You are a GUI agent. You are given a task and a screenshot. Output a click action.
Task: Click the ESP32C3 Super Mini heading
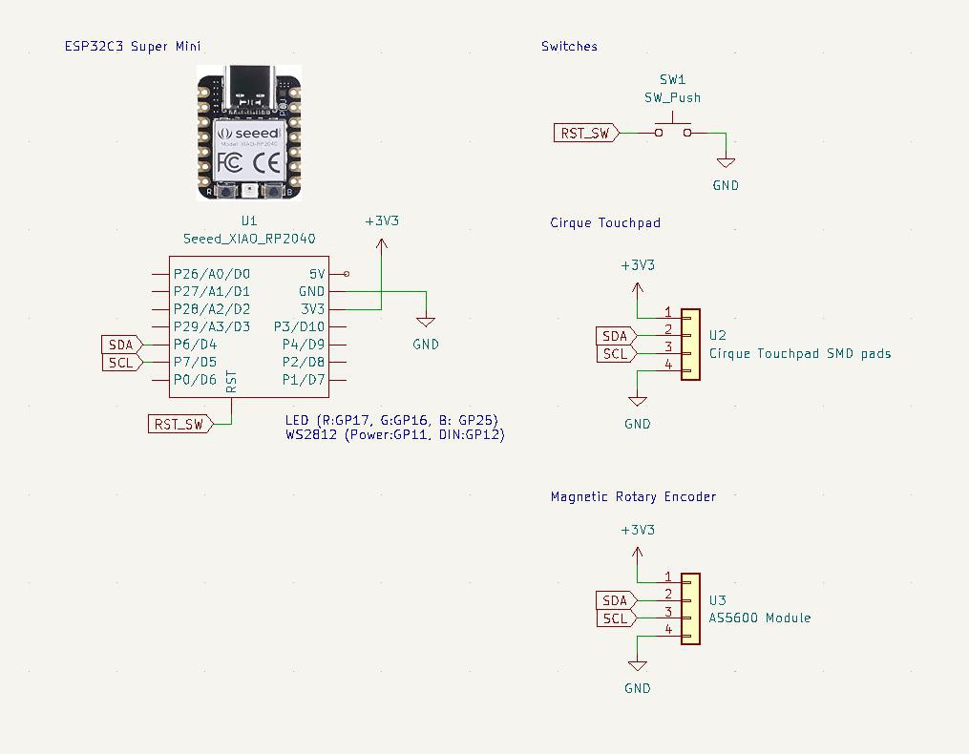pos(133,46)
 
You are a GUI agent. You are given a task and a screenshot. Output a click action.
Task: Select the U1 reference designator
pos(249,220)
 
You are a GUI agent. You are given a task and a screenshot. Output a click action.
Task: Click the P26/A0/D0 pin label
pos(211,274)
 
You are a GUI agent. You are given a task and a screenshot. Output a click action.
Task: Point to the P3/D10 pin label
pos(299,326)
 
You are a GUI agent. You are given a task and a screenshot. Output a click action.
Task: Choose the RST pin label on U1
pos(231,383)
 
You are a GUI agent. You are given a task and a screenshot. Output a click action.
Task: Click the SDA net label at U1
pos(121,345)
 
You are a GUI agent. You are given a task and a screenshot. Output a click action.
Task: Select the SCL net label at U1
pos(121,362)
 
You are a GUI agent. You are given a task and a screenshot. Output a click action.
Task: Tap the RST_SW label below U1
pos(179,424)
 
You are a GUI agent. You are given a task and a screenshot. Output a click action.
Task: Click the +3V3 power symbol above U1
pos(382,221)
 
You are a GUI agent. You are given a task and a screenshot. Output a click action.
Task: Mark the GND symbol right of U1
pos(426,325)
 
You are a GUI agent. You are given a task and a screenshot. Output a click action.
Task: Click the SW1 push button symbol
pos(673,129)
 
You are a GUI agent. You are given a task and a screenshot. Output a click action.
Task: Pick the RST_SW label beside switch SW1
pos(585,133)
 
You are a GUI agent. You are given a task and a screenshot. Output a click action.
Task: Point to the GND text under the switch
pos(726,185)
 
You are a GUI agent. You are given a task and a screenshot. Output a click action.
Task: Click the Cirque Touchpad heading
pos(605,222)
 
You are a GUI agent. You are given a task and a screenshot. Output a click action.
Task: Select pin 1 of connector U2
pos(669,313)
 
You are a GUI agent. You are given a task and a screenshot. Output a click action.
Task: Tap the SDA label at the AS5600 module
pos(616,600)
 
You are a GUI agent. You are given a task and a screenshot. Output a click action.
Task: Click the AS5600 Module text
pos(760,618)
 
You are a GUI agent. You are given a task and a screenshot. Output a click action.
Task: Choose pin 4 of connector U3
pos(669,630)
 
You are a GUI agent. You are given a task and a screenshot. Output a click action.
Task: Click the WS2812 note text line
pos(394,434)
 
